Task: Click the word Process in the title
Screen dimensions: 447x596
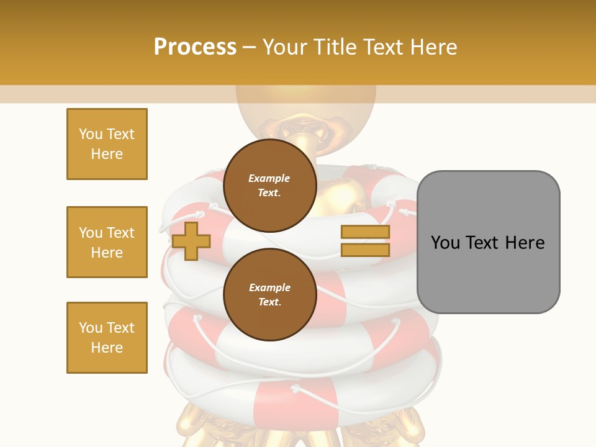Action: tap(195, 47)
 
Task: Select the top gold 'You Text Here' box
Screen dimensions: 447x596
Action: tap(107, 144)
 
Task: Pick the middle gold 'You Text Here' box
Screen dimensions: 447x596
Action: tap(107, 242)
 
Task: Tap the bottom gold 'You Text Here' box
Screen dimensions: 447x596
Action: tap(107, 338)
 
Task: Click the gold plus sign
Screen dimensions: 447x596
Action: tap(191, 241)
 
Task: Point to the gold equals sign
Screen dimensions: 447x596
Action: tap(365, 241)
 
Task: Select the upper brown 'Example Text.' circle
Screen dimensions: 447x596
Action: tap(269, 186)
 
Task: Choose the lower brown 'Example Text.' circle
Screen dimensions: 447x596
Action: tap(269, 295)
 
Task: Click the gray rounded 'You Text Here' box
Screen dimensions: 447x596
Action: tap(488, 242)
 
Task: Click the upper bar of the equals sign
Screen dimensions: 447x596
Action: tap(365, 232)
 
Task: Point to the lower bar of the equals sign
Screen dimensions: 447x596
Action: tap(365, 250)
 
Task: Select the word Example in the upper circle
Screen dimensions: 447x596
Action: tap(269, 179)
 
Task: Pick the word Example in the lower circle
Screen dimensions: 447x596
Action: tap(269, 288)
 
